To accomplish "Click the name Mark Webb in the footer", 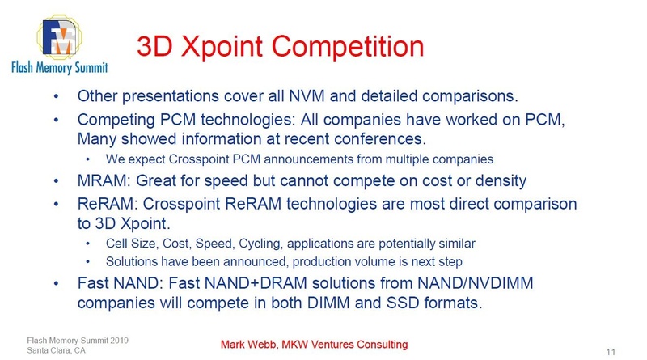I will (250, 345).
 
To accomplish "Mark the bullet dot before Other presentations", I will (56, 97).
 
